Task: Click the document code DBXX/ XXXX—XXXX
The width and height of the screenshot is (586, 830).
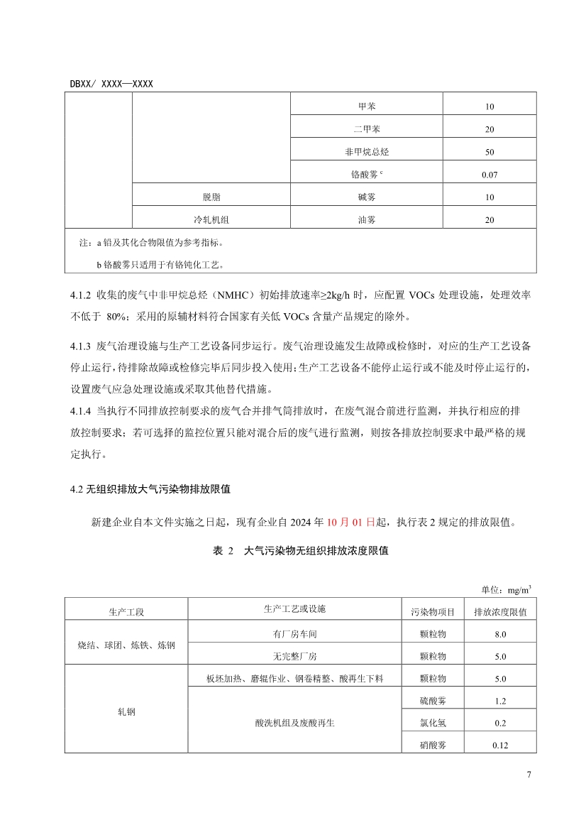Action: [x=111, y=84]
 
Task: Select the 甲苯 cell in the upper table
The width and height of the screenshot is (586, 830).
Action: [x=367, y=107]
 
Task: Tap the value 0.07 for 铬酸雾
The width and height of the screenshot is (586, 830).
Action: [x=490, y=175]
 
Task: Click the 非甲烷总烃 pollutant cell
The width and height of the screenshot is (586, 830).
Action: [x=367, y=152]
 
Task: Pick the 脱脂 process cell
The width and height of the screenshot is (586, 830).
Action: [x=211, y=197]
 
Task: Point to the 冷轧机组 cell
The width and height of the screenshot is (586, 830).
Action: [x=211, y=220]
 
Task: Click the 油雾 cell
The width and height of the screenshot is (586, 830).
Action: [x=367, y=220]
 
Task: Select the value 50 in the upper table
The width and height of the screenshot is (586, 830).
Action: [x=490, y=152]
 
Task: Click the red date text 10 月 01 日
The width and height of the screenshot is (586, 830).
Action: [x=351, y=523]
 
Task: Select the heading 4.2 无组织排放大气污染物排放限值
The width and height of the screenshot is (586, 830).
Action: [x=150, y=489]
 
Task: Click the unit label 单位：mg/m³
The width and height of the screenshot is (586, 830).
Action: [x=507, y=589]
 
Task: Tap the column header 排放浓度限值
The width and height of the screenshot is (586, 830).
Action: [x=500, y=611]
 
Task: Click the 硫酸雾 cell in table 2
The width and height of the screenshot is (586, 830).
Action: [x=433, y=701]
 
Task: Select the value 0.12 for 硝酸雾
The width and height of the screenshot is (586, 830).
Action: [x=500, y=746]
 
